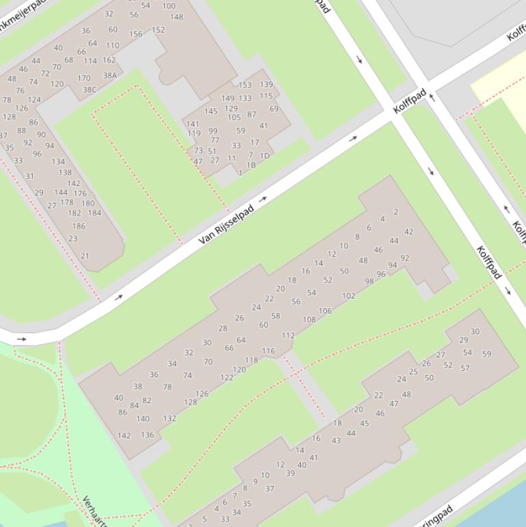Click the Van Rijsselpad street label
(226, 224)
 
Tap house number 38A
(109, 75)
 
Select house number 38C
(90, 90)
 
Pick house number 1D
(265, 156)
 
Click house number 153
(245, 86)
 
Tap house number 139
(266, 85)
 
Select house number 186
(79, 226)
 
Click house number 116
(268, 351)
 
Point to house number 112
(288, 335)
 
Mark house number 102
(349, 296)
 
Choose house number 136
(147, 435)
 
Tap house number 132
(170, 418)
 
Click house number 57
(465, 368)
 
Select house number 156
(135, 34)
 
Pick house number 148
(176, 17)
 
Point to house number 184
(94, 213)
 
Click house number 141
(193, 125)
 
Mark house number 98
(369, 281)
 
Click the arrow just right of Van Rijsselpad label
(263, 199)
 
